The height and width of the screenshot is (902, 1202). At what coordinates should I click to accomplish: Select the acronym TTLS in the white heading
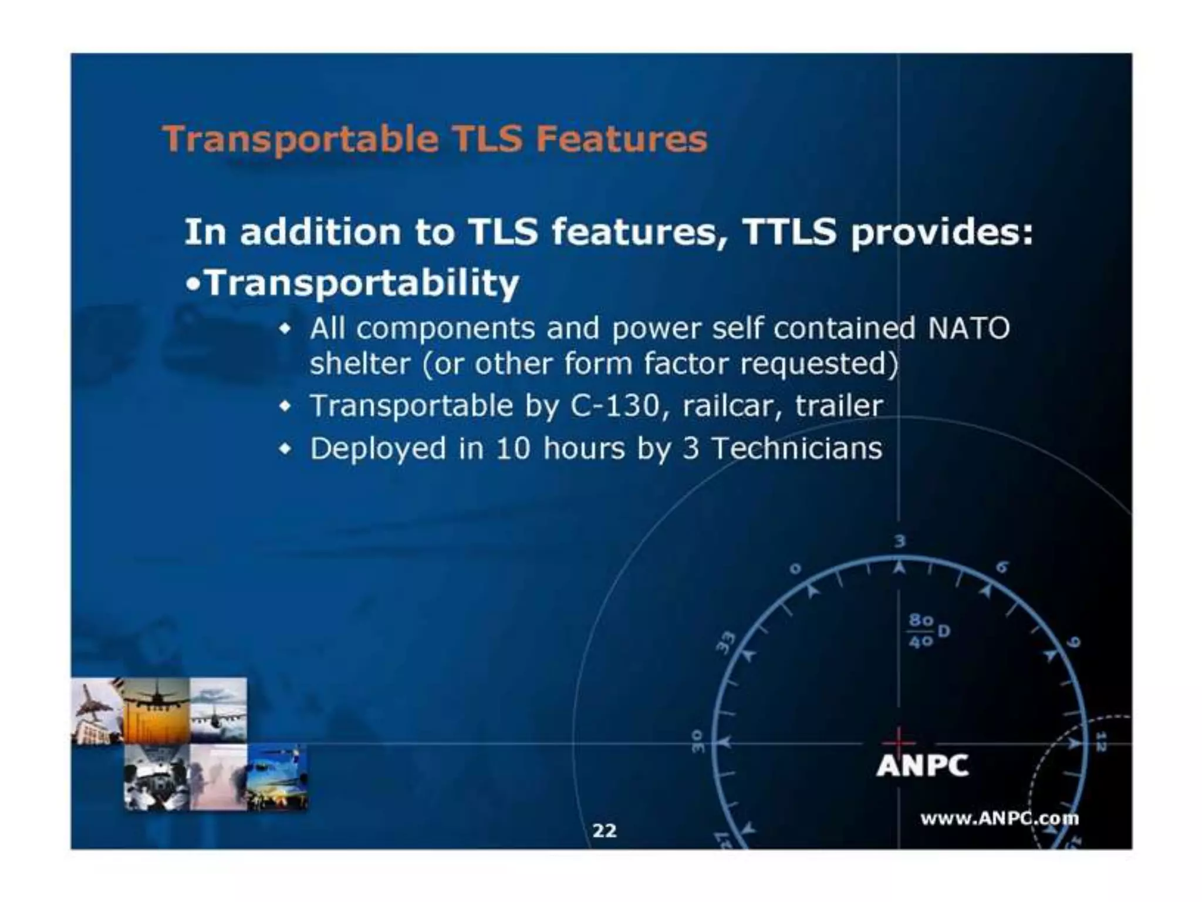coord(789,231)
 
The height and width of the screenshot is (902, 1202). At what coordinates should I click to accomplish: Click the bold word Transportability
coord(363,283)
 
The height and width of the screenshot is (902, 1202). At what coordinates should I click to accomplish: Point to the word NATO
coord(968,328)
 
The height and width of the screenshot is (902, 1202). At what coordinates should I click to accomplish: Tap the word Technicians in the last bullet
coord(796,449)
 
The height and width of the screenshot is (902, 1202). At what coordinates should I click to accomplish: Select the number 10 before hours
coord(513,449)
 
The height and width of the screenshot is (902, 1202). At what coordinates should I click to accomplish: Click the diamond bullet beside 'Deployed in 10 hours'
coord(285,449)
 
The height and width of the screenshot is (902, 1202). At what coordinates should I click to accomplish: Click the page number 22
coord(605,830)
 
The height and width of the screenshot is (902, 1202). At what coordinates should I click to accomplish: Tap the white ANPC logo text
coord(922,765)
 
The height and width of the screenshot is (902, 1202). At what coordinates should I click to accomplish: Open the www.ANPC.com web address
coord(999,818)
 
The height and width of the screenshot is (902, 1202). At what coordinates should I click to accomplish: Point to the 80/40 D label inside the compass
coord(927,631)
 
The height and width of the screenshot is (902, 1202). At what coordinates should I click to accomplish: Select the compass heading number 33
coord(726,642)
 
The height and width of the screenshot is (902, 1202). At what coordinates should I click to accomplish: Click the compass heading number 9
coord(1072,642)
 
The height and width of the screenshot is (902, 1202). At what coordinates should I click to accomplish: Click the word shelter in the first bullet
coord(359,364)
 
